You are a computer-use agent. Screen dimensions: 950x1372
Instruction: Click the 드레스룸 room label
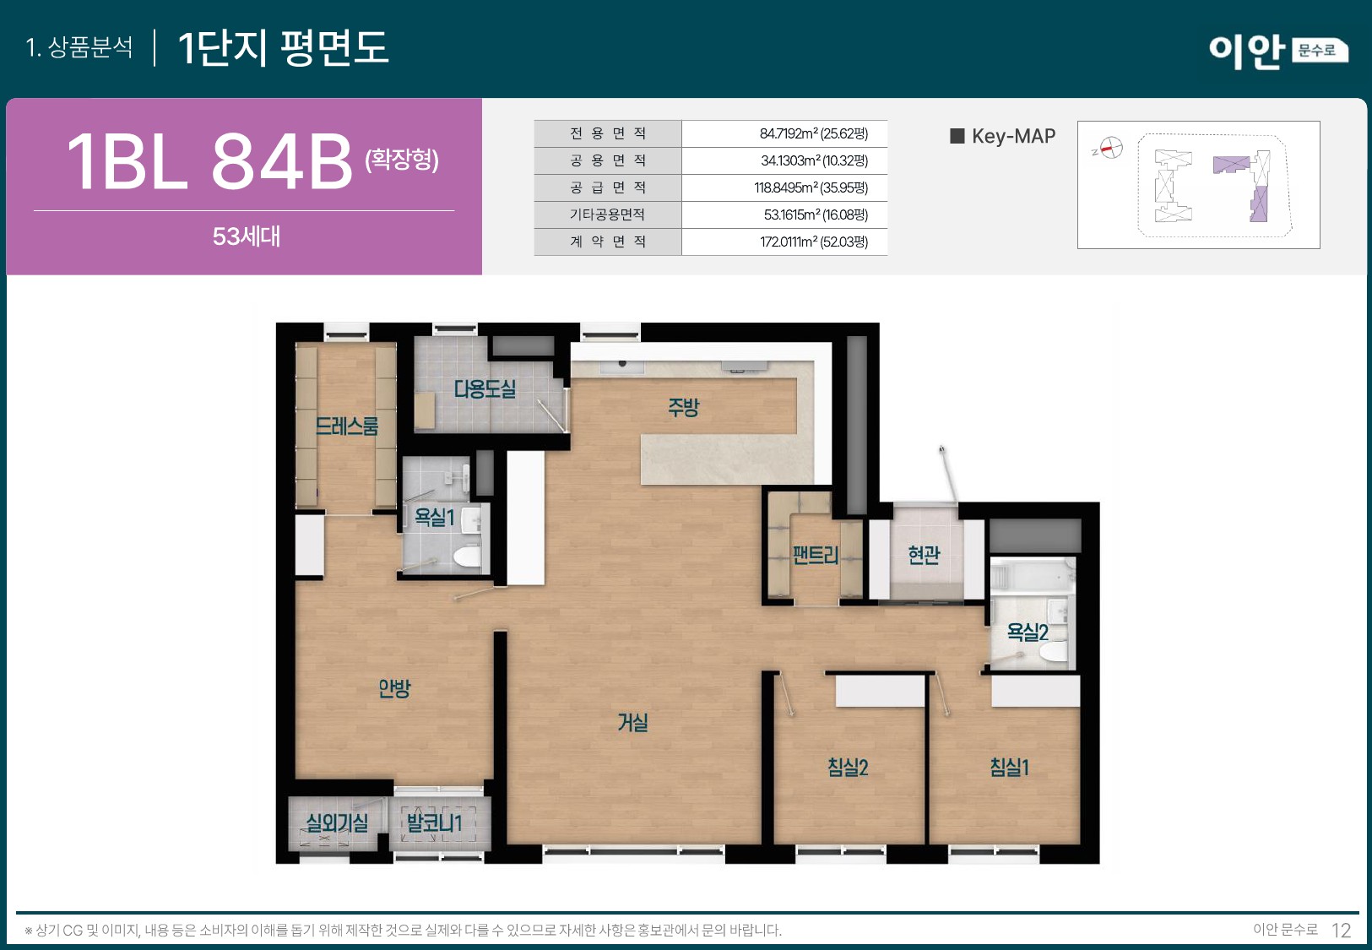346,426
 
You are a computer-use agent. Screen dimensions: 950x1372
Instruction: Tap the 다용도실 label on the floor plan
485,389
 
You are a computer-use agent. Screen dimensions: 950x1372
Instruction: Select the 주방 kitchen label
683,408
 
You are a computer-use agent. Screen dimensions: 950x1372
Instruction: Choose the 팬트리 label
815,555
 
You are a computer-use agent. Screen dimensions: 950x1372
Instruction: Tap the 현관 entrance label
924,555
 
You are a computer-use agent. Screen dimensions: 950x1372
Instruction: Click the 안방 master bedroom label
394,689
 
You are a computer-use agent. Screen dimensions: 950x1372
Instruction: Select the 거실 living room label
632,723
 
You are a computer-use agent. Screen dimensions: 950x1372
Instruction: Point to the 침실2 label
848,768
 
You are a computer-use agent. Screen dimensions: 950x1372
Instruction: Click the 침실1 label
1009,768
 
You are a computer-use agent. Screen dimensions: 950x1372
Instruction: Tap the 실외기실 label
337,822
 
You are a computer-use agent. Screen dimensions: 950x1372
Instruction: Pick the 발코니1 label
434,822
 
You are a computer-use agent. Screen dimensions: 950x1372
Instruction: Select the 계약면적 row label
607,242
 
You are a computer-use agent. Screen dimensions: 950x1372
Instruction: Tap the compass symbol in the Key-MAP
1110,149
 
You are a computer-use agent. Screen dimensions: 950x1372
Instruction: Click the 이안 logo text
1246,51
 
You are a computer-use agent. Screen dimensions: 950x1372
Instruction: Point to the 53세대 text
246,236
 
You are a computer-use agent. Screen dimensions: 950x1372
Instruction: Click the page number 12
1341,931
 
